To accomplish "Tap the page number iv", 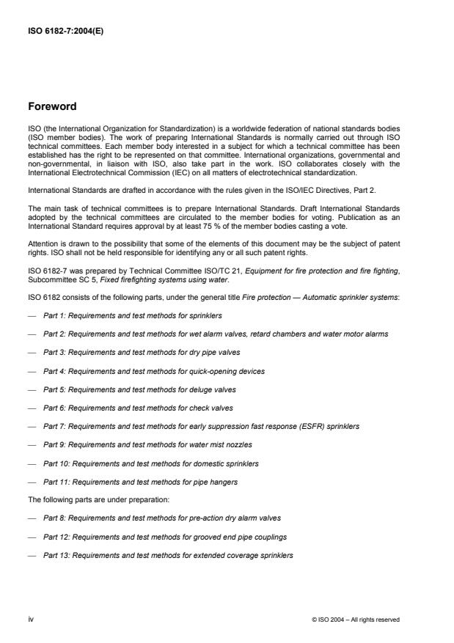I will click(32, 619).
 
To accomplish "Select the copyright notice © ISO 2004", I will click(355, 620).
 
